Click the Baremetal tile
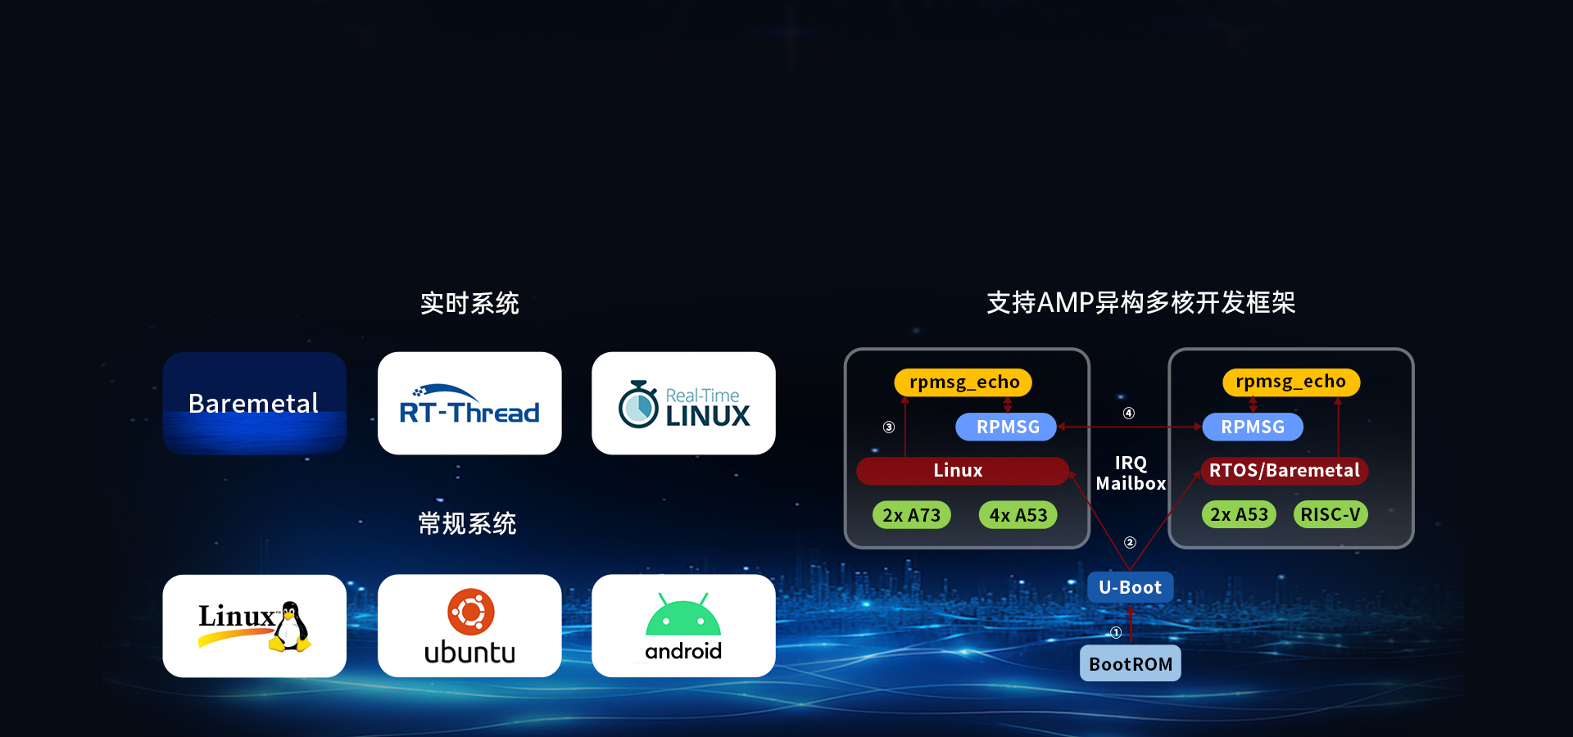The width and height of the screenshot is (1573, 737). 254,403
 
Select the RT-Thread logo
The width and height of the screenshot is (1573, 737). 469,405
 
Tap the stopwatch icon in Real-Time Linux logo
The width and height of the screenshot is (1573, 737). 638,404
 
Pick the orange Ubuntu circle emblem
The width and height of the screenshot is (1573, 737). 470,612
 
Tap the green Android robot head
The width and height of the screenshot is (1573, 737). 683,616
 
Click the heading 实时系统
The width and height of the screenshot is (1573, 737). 469,303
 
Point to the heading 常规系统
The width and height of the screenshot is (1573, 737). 468,523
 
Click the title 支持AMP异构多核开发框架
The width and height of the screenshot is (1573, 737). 1140,302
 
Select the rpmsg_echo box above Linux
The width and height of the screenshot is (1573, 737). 963,382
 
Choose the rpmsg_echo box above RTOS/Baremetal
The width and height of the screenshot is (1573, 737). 1290,382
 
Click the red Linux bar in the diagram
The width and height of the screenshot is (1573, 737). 963,471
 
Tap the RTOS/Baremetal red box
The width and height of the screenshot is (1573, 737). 1285,471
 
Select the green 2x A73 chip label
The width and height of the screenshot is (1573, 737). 912,515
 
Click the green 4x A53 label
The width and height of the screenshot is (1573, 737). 1018,515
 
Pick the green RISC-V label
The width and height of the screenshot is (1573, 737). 1330,514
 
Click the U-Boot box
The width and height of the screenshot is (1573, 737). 1131,587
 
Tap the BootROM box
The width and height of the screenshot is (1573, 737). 1131,663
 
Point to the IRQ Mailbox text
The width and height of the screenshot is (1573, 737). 1131,473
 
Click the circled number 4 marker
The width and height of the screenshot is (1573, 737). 1129,414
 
